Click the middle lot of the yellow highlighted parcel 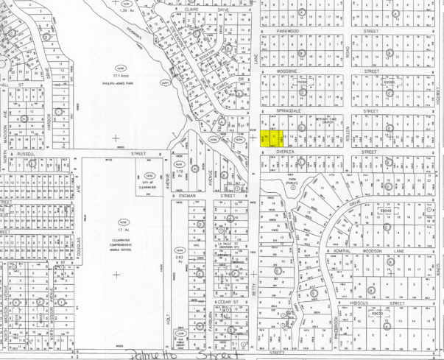click(x=275, y=136)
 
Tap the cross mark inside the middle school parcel click(x=116, y=274)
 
